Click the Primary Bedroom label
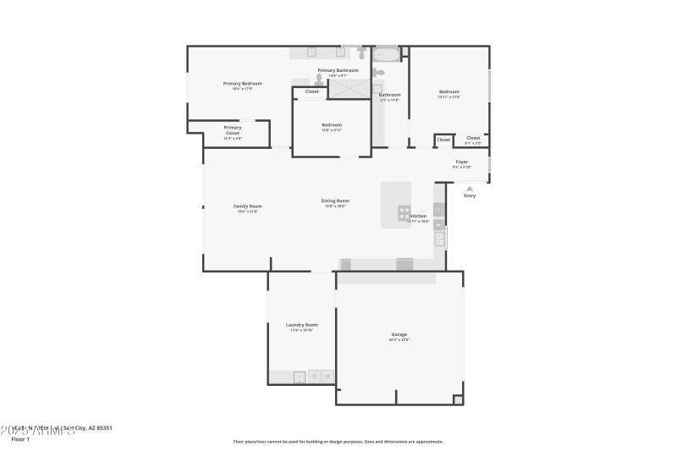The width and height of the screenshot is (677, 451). (242, 83)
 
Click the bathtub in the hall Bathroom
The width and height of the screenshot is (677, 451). (387, 54)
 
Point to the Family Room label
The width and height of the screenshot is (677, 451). (248, 206)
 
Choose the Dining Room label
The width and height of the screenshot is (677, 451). (335, 201)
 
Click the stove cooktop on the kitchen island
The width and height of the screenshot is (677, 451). (405, 212)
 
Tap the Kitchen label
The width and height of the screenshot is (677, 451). (419, 217)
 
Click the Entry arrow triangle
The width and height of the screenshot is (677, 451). (470, 188)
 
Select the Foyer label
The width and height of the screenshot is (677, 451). (462, 162)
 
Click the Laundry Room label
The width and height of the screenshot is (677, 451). (302, 325)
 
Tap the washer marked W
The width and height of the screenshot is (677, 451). (328, 377)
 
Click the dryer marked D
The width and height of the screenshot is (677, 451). (314, 377)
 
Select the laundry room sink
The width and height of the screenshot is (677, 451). (299, 377)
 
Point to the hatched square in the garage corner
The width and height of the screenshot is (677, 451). (458, 399)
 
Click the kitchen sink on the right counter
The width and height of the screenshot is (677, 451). (439, 236)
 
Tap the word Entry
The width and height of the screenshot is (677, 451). (470, 195)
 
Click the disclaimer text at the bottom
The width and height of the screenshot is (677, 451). (338, 441)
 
